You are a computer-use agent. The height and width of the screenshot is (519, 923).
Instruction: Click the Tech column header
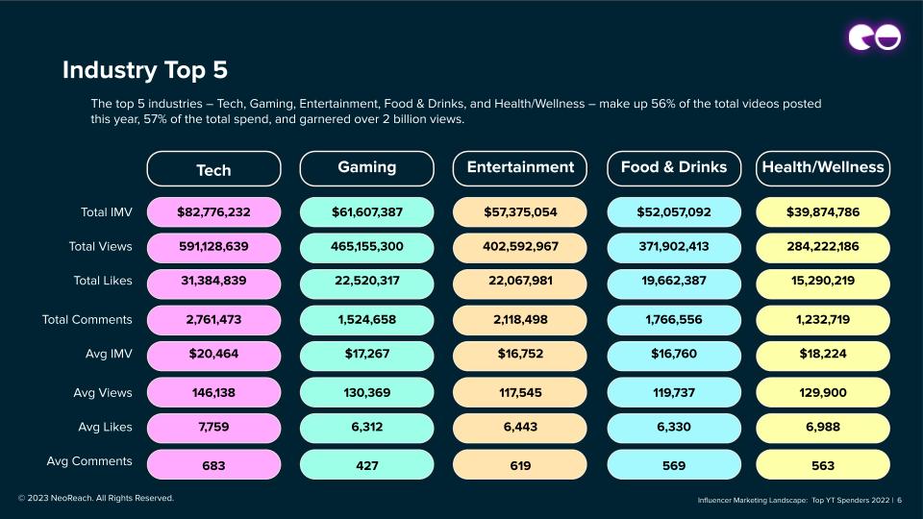click(213, 169)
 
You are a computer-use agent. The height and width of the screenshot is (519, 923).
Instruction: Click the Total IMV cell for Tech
click(213, 211)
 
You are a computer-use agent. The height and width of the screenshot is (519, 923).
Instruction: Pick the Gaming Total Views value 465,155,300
click(366, 247)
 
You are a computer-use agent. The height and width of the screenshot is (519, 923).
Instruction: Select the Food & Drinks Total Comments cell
click(674, 319)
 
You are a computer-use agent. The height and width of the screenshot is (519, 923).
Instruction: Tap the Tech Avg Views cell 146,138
click(213, 392)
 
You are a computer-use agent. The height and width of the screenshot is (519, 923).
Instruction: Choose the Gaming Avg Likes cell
click(366, 428)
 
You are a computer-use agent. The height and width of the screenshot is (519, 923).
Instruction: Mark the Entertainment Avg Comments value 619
click(520, 464)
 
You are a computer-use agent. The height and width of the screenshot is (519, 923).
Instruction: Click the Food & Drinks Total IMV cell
click(674, 211)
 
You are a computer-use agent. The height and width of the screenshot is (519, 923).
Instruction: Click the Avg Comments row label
click(89, 461)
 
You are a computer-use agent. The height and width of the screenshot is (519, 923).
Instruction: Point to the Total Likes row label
click(103, 281)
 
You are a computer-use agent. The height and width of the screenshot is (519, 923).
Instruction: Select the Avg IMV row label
click(109, 354)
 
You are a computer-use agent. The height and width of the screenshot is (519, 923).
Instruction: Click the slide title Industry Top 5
click(145, 70)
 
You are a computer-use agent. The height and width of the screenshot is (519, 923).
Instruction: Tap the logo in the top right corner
click(875, 37)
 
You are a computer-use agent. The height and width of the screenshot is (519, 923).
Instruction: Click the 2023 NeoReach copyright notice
click(96, 498)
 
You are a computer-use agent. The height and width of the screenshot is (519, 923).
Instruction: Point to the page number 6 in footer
click(900, 500)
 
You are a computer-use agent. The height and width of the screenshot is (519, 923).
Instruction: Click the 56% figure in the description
click(662, 104)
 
